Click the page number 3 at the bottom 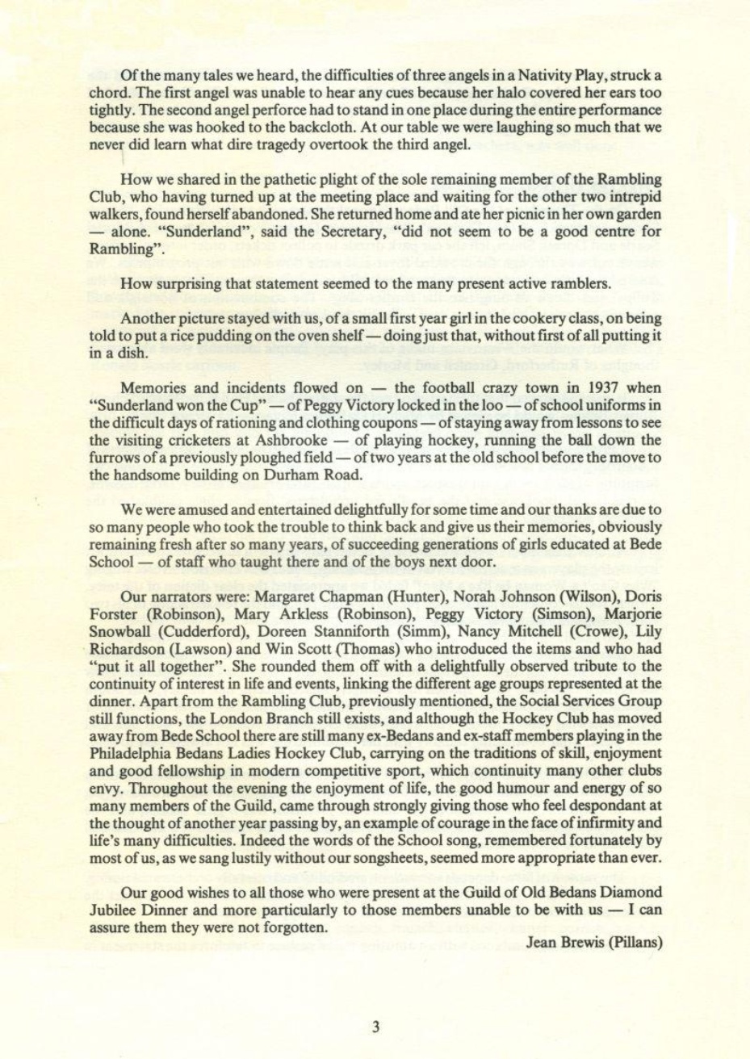(375, 1027)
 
